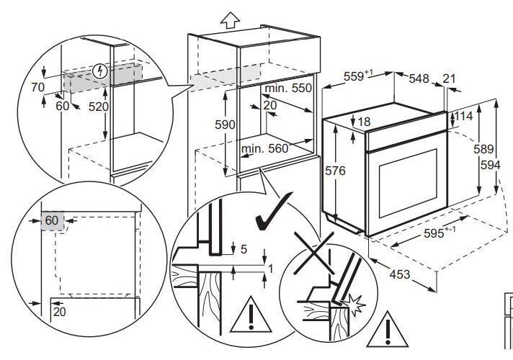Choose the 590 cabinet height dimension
tap(226, 125)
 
